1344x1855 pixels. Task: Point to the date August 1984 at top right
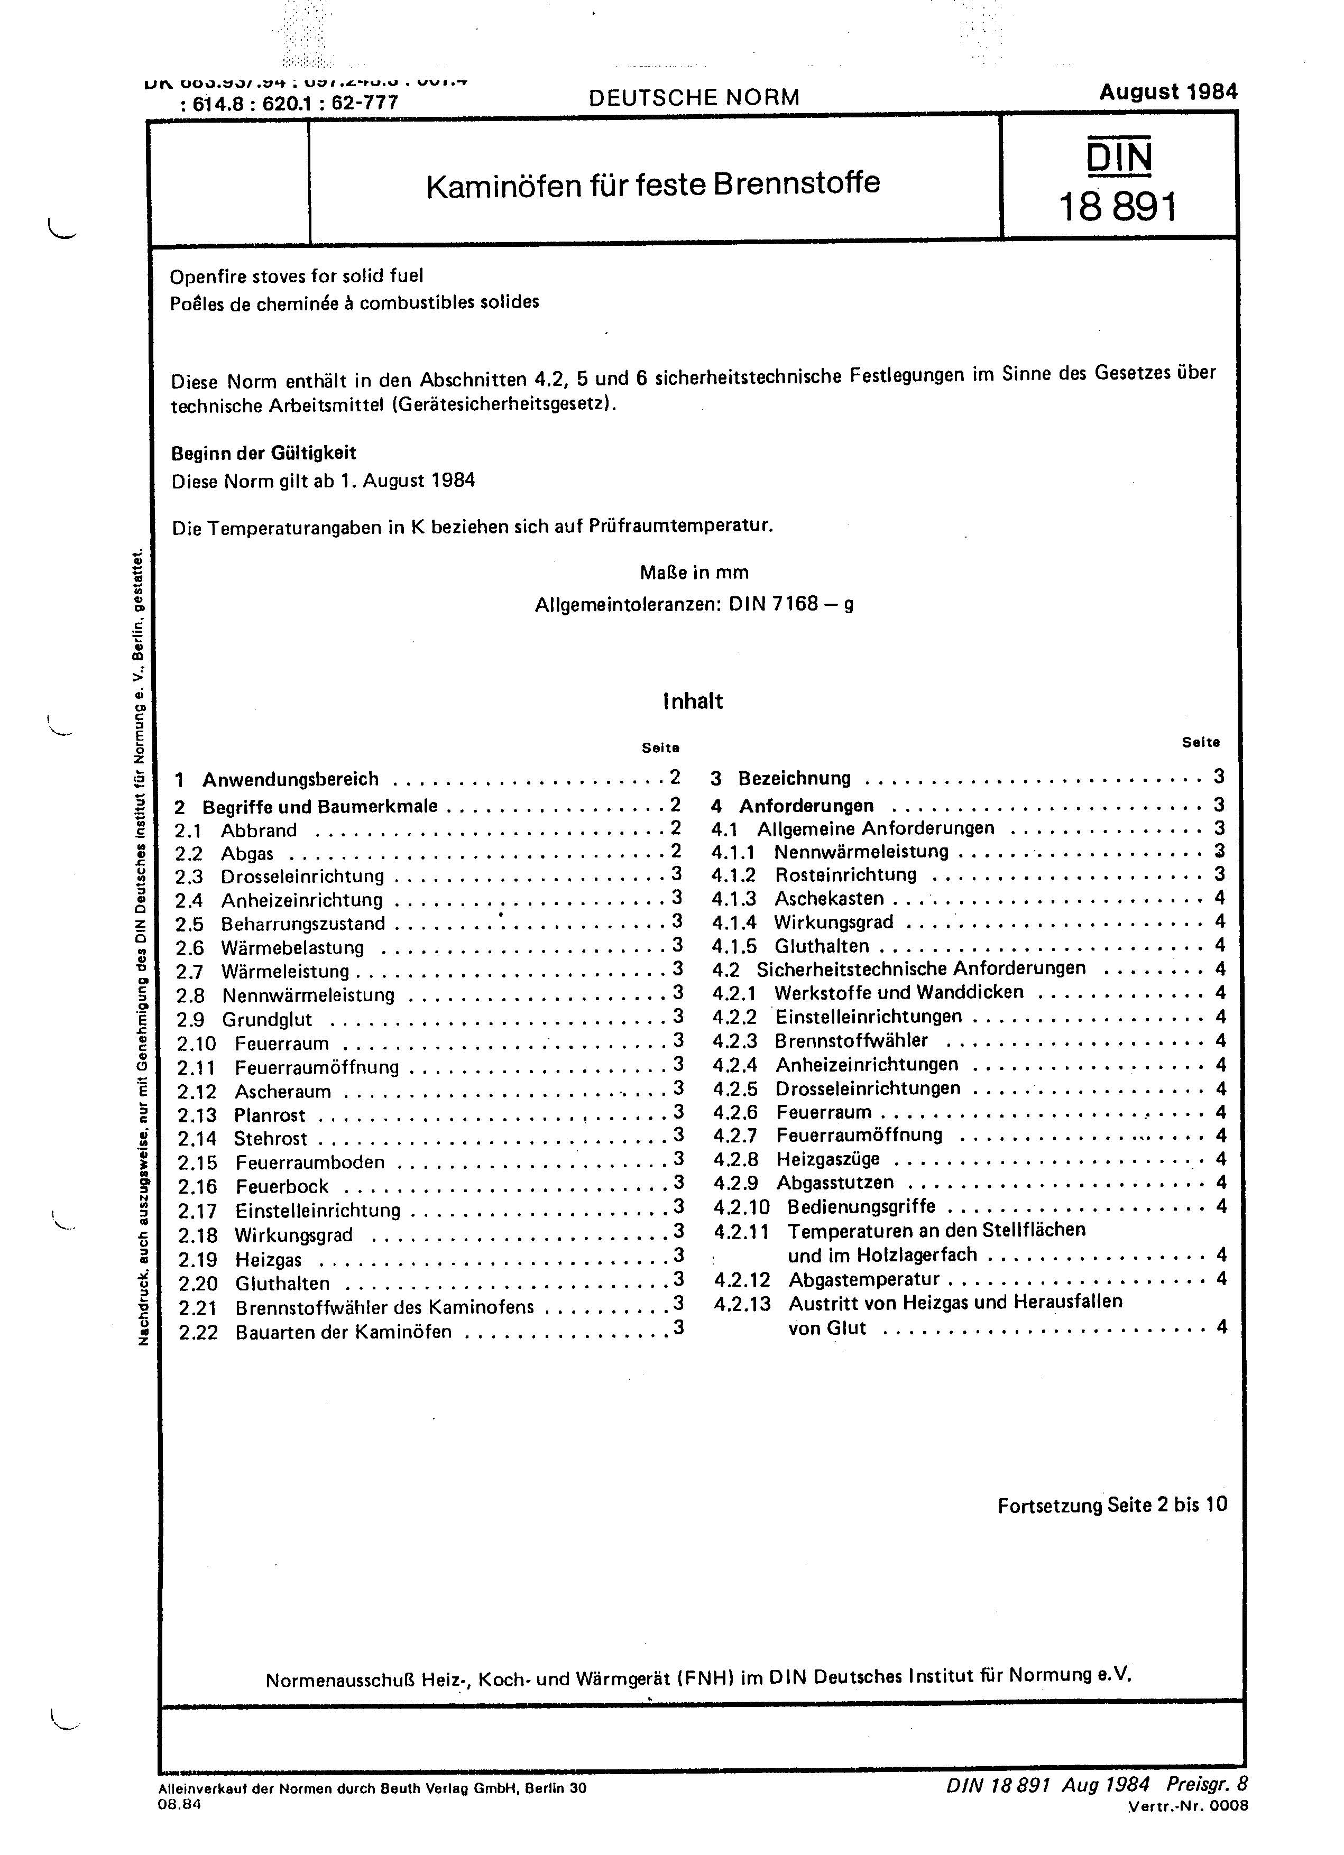[1167, 91]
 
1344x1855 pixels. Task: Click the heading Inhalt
[693, 701]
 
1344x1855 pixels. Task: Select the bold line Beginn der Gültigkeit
[263, 453]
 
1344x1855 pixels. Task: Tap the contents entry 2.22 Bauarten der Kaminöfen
[343, 1332]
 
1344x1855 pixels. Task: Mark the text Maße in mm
[694, 571]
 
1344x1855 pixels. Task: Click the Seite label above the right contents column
[1200, 743]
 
